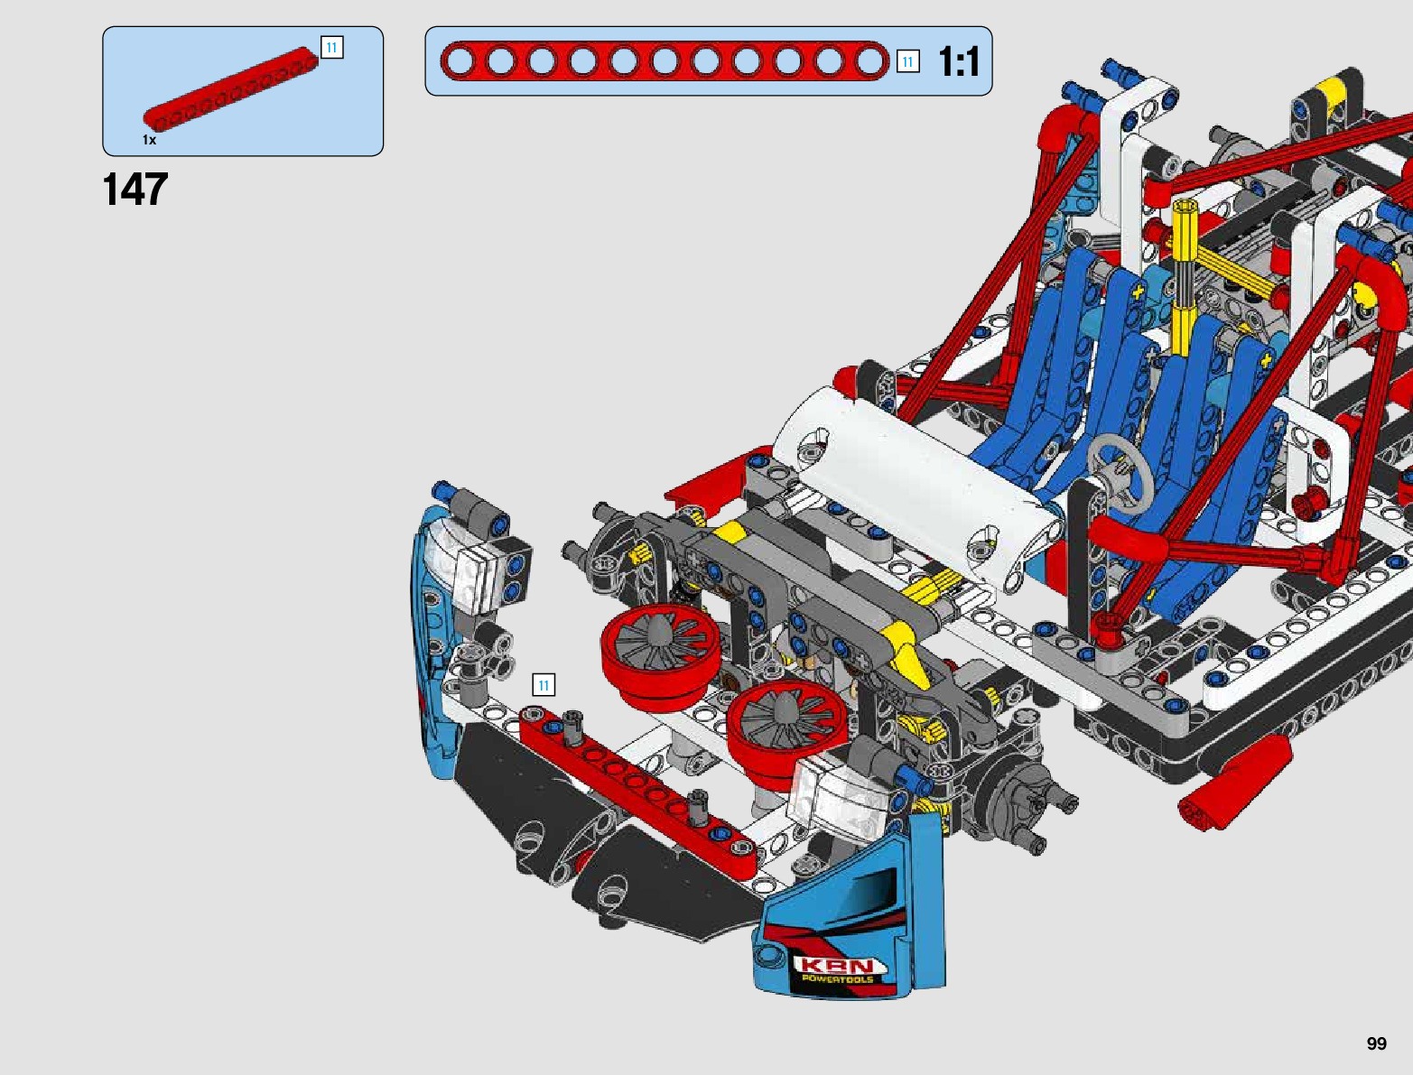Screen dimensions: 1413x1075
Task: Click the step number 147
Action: (135, 190)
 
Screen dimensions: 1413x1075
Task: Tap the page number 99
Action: (1376, 1043)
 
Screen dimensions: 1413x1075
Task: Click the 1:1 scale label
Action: (959, 62)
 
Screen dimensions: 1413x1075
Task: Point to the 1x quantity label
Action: (149, 140)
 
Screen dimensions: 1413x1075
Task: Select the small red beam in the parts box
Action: (230, 88)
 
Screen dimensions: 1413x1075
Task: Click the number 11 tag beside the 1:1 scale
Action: (907, 61)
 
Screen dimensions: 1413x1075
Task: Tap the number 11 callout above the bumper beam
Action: (544, 685)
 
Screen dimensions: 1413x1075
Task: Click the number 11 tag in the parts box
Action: (331, 48)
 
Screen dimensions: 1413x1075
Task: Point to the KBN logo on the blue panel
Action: (840, 966)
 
